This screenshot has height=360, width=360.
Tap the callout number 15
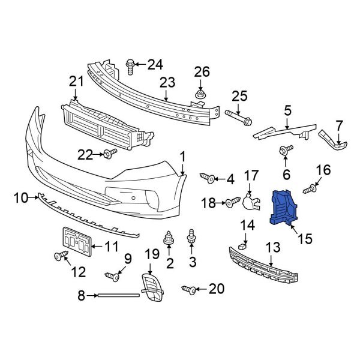pyautogui.click(x=304, y=239)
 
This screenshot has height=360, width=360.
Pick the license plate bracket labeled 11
pyautogui.click(x=76, y=242)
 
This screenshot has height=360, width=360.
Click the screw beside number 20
pyautogui.click(x=188, y=290)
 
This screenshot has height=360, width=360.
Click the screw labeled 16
pyautogui.click(x=310, y=190)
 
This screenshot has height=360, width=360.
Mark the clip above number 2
pyautogui.click(x=169, y=238)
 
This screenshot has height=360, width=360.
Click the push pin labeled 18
pyautogui.click(x=230, y=204)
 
